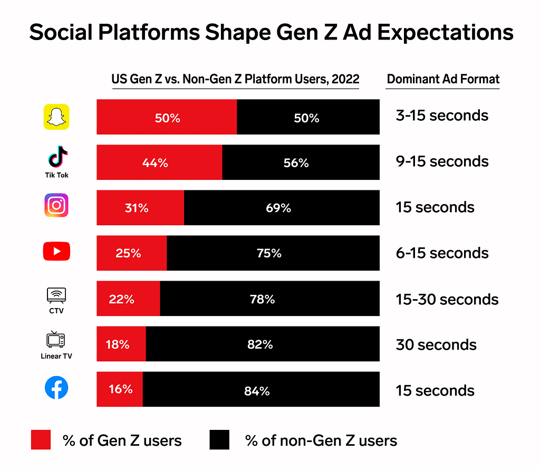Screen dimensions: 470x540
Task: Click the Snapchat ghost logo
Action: (56, 117)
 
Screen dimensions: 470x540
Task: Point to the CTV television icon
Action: (56, 294)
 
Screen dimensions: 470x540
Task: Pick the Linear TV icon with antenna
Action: (56, 340)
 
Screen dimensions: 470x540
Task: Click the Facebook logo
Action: (56, 389)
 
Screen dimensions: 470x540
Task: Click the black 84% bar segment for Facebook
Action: (261, 390)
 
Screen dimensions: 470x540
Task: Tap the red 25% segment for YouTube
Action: (131, 253)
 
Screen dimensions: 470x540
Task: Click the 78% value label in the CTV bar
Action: (262, 299)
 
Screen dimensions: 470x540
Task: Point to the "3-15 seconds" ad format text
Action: (442, 116)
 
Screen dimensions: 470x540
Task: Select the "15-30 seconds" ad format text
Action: (447, 299)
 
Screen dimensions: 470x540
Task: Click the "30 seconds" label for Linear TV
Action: (436, 344)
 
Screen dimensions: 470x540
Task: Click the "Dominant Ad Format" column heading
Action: (443, 79)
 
